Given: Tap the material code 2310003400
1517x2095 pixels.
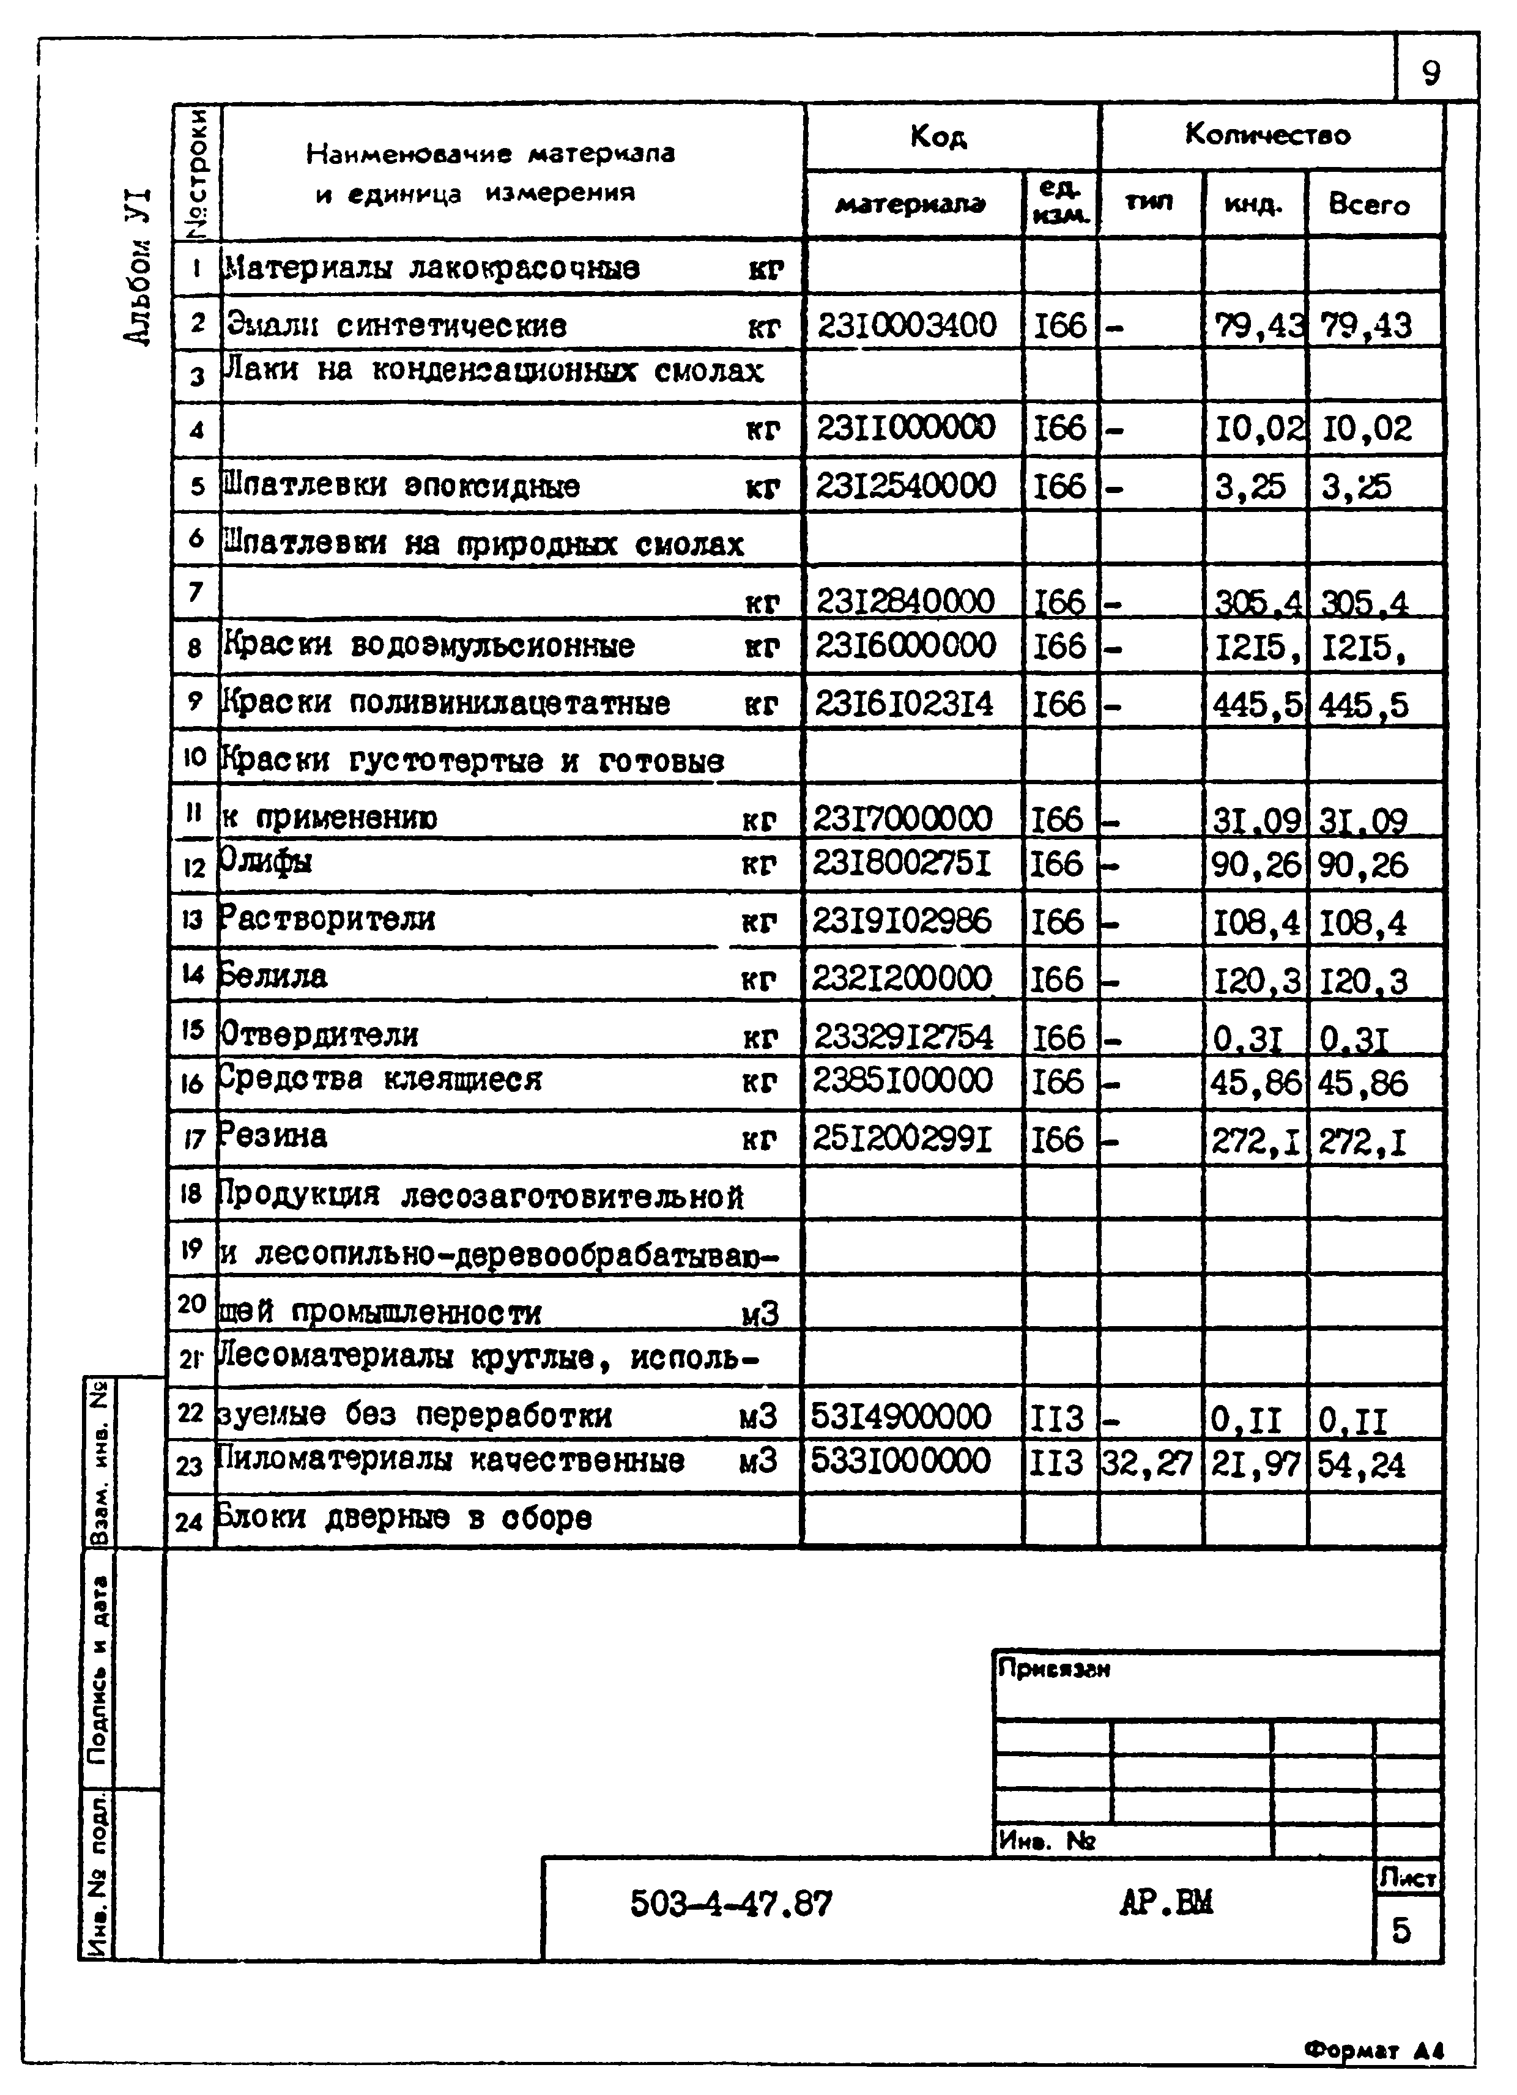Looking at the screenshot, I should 907,326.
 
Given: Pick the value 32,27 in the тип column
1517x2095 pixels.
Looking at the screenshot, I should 1148,1463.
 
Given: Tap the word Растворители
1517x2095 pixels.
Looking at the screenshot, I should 327,919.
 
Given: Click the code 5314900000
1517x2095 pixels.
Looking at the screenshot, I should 901,1415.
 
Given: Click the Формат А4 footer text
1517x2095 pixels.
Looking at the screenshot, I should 1374,2050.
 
